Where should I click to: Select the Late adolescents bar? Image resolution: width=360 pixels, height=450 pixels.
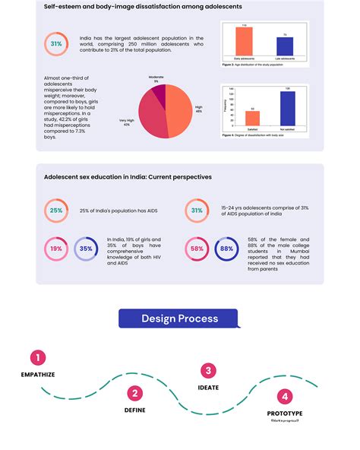click(285, 46)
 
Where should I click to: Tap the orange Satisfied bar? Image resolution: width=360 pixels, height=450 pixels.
click(253, 118)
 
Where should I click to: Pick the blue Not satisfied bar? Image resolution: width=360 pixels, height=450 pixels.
click(288, 108)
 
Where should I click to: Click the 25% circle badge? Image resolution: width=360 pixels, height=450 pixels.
click(56, 211)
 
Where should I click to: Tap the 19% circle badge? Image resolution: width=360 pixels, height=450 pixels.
click(56, 248)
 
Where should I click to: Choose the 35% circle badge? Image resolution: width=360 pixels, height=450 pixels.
click(86, 248)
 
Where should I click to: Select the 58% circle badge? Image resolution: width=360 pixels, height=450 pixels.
click(197, 248)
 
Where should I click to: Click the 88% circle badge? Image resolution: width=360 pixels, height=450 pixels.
click(226, 248)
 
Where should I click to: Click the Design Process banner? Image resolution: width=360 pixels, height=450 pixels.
click(179, 318)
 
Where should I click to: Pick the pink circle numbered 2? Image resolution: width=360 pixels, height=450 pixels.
click(134, 392)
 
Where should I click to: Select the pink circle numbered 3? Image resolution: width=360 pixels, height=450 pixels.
click(208, 371)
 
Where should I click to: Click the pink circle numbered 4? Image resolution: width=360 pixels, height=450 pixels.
click(284, 396)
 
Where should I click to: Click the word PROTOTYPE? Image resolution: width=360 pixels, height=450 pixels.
click(284, 414)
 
